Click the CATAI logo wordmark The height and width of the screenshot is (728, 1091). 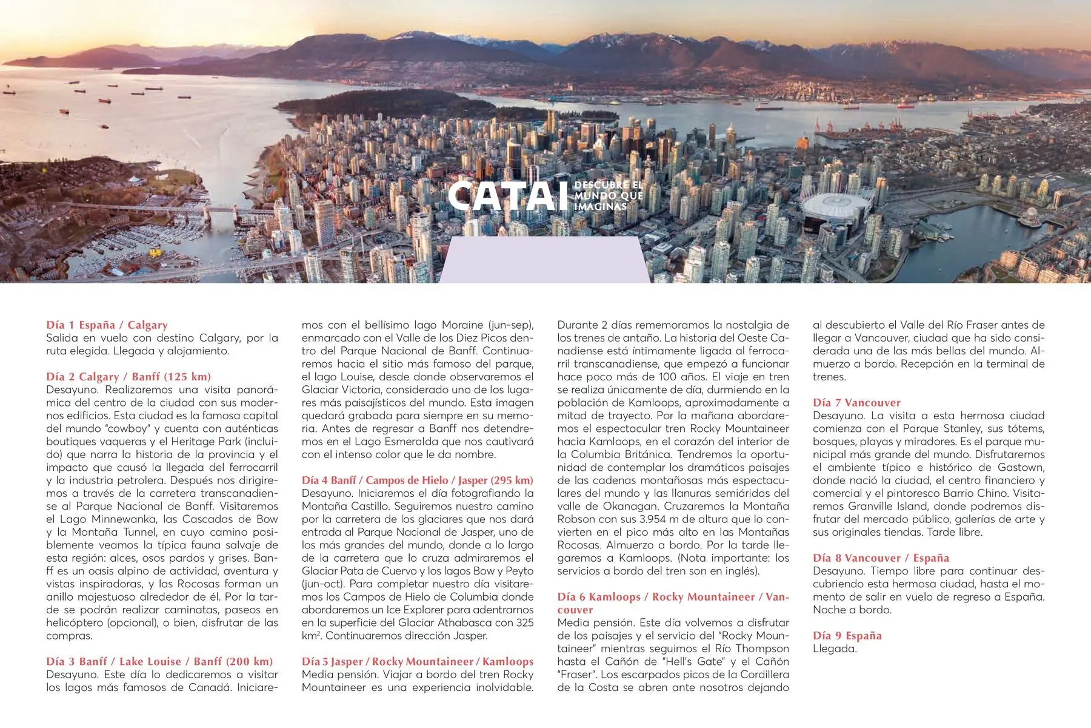pyautogui.click(x=503, y=195)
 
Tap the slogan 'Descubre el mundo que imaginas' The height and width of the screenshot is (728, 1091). pyautogui.click(x=608, y=195)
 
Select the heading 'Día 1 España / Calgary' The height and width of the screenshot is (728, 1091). pyautogui.click(x=107, y=325)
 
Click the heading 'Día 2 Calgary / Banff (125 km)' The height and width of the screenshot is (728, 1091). pyautogui.click(x=128, y=377)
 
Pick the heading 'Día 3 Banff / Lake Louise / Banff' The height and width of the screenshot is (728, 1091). pyautogui.click(x=159, y=661)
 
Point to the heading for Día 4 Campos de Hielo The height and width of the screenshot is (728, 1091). pyautogui.click(x=418, y=480)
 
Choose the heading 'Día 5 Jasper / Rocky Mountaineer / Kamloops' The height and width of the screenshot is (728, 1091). pyautogui.click(x=418, y=661)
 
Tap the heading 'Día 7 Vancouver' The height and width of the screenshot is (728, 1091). pyautogui.click(x=856, y=403)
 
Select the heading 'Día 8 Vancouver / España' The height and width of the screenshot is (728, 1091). pyautogui.click(x=881, y=558)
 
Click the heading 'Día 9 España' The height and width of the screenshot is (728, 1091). pyautogui.click(x=847, y=636)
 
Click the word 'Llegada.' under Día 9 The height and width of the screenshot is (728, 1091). pyautogui.click(x=835, y=649)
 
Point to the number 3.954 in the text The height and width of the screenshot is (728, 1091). pyautogui.click(x=656, y=519)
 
